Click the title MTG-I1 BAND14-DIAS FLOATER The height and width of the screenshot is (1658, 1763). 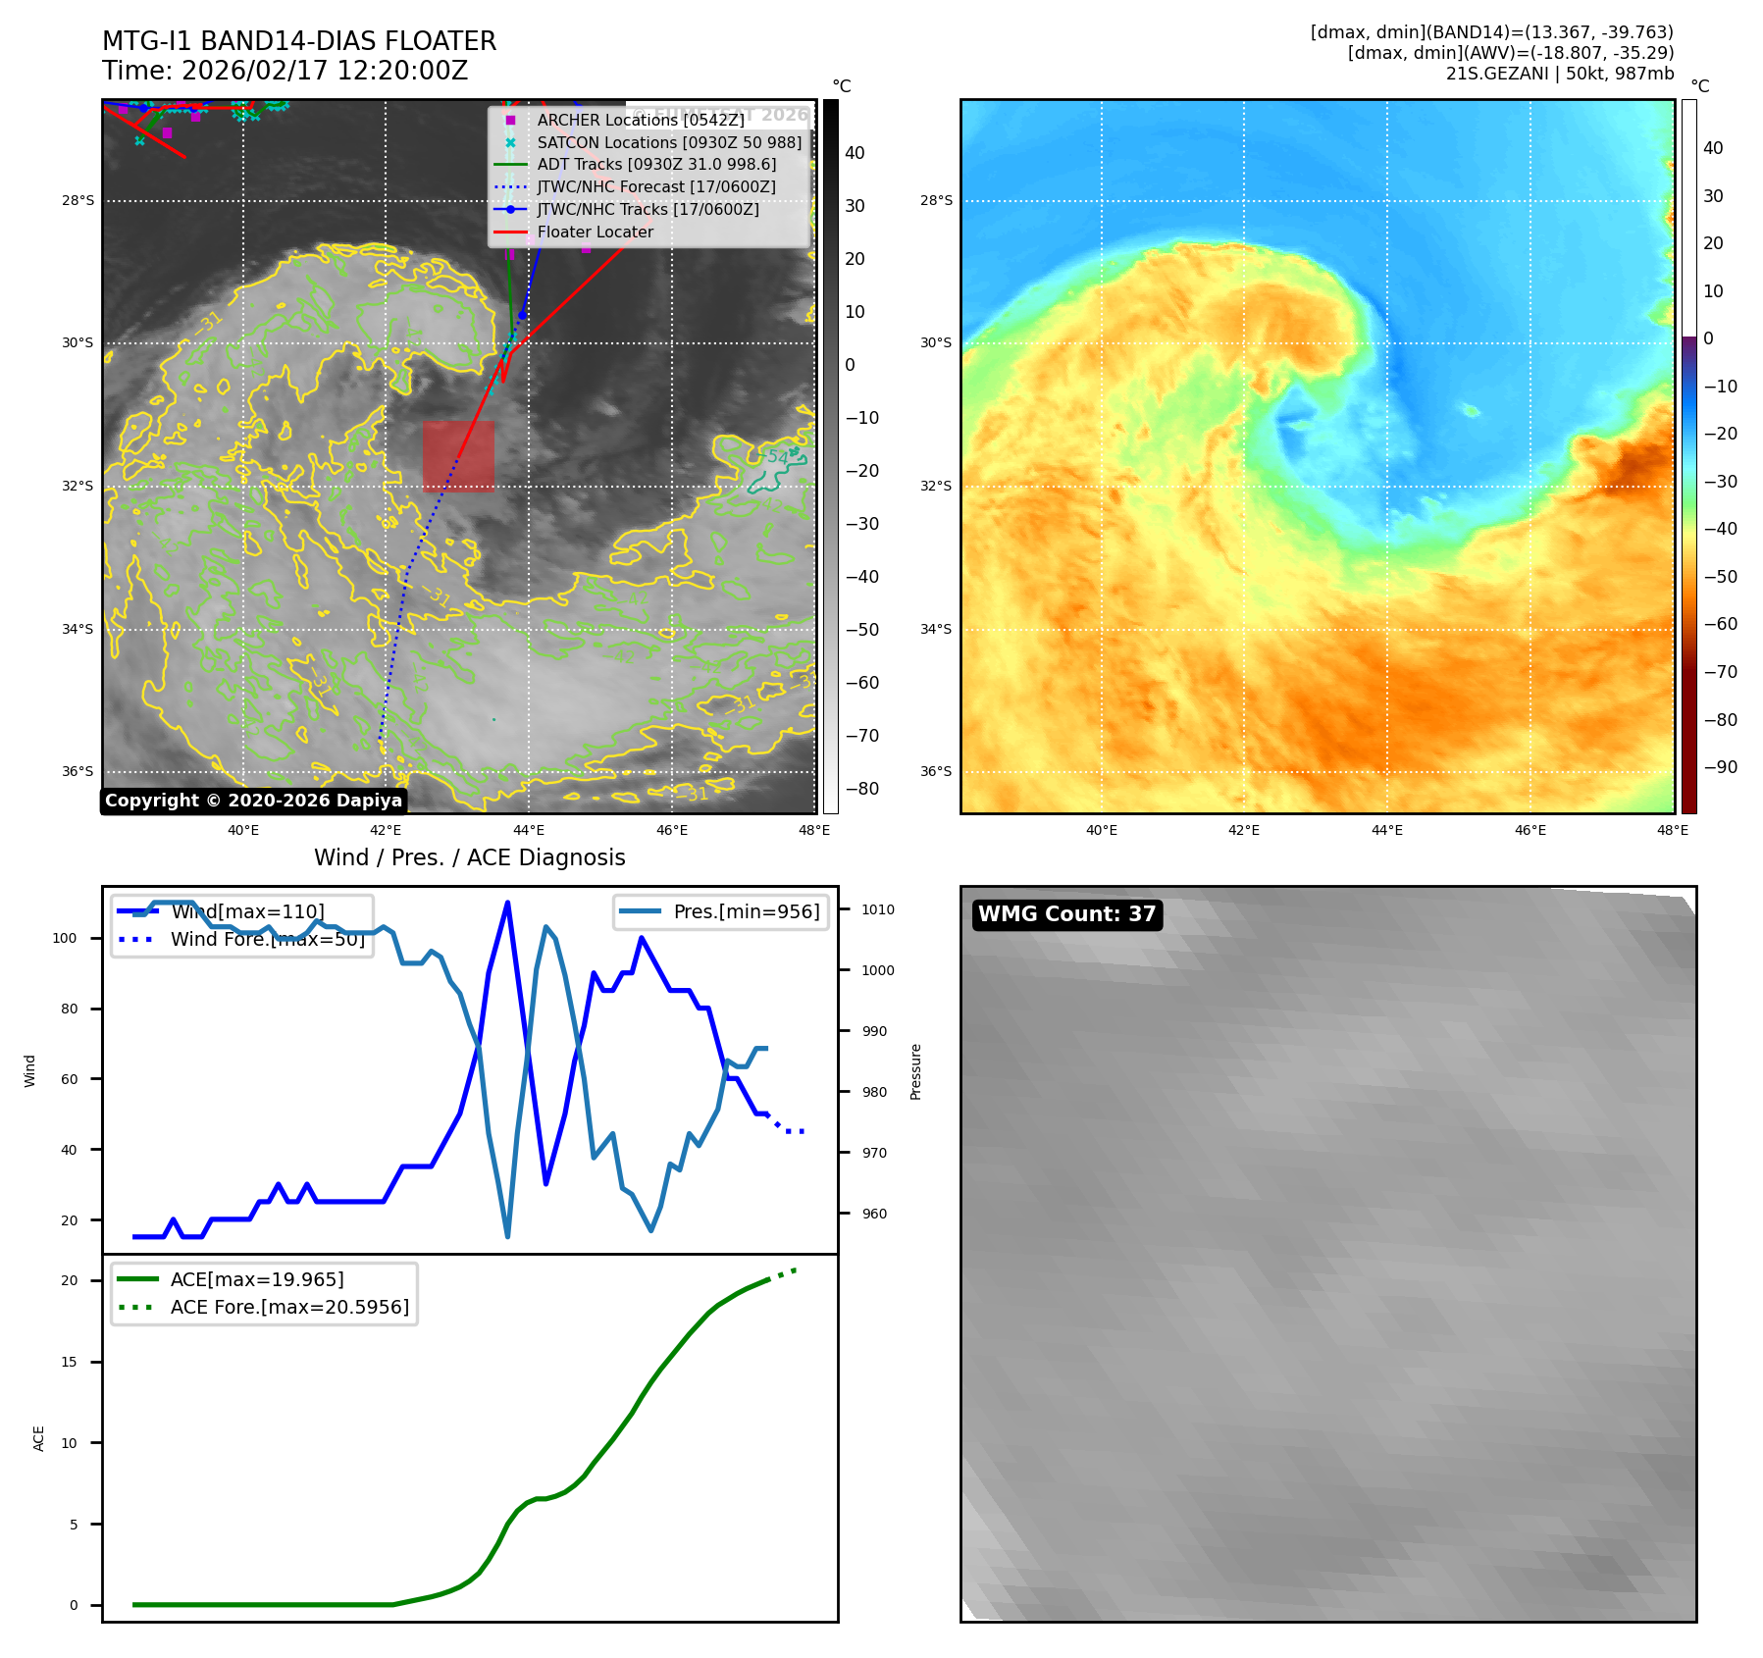pyautogui.click(x=299, y=41)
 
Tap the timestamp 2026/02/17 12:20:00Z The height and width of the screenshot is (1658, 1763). pyautogui.click(x=325, y=72)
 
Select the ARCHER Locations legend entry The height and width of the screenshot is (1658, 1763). pyautogui.click(x=640, y=120)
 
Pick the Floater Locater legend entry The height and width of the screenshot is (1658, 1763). pyautogui.click(x=595, y=232)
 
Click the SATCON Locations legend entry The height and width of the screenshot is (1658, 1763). pyautogui.click(x=669, y=142)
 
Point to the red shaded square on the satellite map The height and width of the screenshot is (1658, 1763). pyautogui.click(x=458, y=456)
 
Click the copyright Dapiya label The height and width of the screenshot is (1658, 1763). pyautogui.click(x=253, y=801)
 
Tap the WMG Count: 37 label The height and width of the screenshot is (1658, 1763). pyautogui.click(x=1066, y=914)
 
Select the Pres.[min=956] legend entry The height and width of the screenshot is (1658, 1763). pyautogui.click(x=746, y=911)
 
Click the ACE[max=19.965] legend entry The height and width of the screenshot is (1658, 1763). pyautogui.click(x=257, y=1279)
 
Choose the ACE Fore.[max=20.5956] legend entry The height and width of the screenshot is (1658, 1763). pyautogui.click(x=289, y=1307)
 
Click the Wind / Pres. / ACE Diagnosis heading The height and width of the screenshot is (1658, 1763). pyautogui.click(x=469, y=857)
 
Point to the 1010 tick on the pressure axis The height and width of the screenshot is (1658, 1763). pyautogui.click(x=877, y=909)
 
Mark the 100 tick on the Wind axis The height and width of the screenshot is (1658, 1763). pyautogui.click(x=65, y=938)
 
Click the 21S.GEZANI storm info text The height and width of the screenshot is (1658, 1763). pyautogui.click(x=1559, y=74)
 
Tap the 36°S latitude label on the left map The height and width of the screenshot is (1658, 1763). pyautogui.click(x=78, y=771)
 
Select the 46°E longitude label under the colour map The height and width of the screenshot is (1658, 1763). pyautogui.click(x=1530, y=830)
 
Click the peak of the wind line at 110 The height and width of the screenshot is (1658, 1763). pyautogui.click(x=507, y=902)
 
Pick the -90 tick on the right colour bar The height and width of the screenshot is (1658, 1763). pyautogui.click(x=1720, y=767)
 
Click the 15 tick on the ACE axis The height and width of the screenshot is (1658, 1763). pyautogui.click(x=69, y=1362)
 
